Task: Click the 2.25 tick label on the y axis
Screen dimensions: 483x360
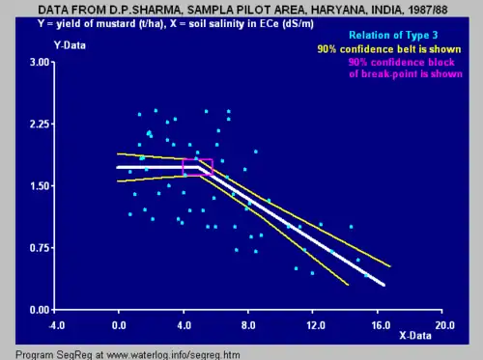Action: (x=40, y=124)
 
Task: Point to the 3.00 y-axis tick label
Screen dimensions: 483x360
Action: (x=40, y=62)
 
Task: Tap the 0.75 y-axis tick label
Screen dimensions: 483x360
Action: (x=40, y=248)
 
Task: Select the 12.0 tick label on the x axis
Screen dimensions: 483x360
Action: (x=316, y=325)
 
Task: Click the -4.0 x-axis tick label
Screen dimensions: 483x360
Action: (x=57, y=325)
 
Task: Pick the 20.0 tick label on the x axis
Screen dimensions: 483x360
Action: (x=445, y=325)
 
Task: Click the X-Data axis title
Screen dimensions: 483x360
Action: (x=415, y=336)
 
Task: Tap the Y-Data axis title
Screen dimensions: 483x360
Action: (x=70, y=45)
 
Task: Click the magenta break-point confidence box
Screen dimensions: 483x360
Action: (x=198, y=159)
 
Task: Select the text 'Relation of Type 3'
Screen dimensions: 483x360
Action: (x=393, y=35)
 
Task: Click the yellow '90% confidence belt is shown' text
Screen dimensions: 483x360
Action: (x=389, y=49)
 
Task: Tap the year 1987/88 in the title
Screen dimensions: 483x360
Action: (x=428, y=10)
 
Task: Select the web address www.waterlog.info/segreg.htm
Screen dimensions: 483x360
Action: (x=173, y=355)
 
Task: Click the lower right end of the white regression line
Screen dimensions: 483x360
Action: (x=384, y=285)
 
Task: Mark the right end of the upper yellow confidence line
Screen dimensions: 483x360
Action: (x=390, y=266)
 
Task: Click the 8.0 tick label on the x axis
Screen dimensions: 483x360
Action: (x=248, y=325)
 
